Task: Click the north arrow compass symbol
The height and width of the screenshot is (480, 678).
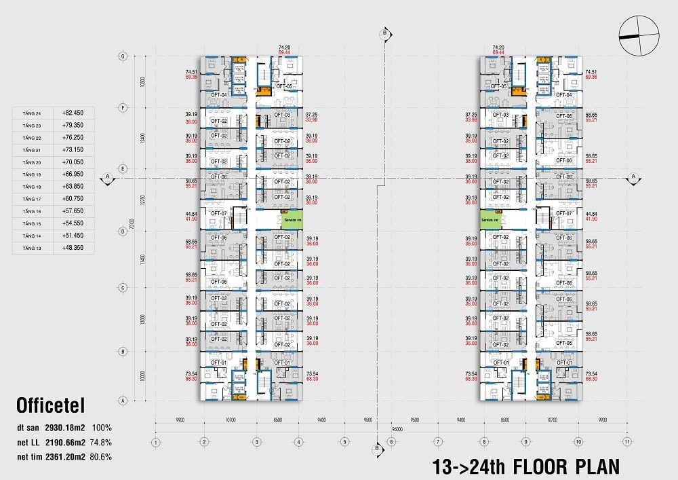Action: pos(639,36)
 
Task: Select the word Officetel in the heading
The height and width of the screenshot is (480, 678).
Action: pos(51,407)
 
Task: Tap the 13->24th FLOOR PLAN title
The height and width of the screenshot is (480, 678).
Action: pos(525,466)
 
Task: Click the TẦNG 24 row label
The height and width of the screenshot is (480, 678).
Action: pos(33,113)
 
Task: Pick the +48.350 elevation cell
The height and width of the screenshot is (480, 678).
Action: pos(73,248)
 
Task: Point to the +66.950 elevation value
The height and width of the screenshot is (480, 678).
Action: pos(73,174)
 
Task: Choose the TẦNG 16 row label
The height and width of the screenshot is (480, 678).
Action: pos(33,211)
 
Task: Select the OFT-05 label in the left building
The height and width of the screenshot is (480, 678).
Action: pos(283,87)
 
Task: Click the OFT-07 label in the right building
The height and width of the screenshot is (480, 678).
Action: pos(564,213)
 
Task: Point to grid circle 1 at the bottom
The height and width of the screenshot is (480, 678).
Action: pos(155,443)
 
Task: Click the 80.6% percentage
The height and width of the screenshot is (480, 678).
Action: pos(101,457)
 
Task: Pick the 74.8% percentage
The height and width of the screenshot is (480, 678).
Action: pos(101,443)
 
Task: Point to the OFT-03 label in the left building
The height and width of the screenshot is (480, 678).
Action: pos(282,115)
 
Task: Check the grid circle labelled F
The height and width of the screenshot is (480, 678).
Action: pos(123,107)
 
